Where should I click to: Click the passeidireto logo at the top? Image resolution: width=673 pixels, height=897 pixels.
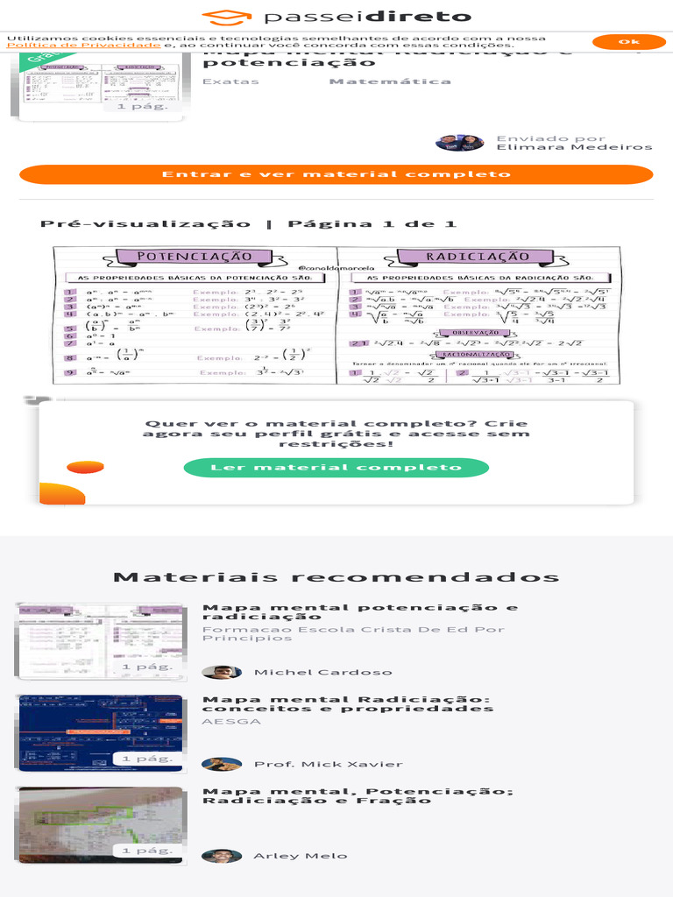[336, 17]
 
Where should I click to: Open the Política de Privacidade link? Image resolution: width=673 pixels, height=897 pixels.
[84, 46]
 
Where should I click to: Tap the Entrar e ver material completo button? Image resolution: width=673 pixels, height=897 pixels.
[336, 174]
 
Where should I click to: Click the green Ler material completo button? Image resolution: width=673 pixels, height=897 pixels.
[336, 468]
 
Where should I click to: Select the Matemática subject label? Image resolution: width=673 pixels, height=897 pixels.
[390, 81]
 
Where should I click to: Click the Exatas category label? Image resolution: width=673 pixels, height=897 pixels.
[230, 81]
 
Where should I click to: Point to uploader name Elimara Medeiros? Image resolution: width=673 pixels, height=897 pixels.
[574, 147]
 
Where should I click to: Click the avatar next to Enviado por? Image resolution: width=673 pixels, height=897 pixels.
[459, 143]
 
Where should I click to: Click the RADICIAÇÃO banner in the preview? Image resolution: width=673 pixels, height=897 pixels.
[478, 257]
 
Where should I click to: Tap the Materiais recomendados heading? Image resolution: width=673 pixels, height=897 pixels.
[336, 577]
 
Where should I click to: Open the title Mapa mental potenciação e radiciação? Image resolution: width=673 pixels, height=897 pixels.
[359, 611]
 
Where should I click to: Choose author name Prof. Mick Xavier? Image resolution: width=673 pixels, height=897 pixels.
[328, 765]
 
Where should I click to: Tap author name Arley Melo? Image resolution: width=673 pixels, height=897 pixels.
[300, 856]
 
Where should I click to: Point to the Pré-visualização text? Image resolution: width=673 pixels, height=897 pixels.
[145, 224]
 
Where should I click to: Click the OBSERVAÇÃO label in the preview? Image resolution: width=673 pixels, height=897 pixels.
[471, 333]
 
